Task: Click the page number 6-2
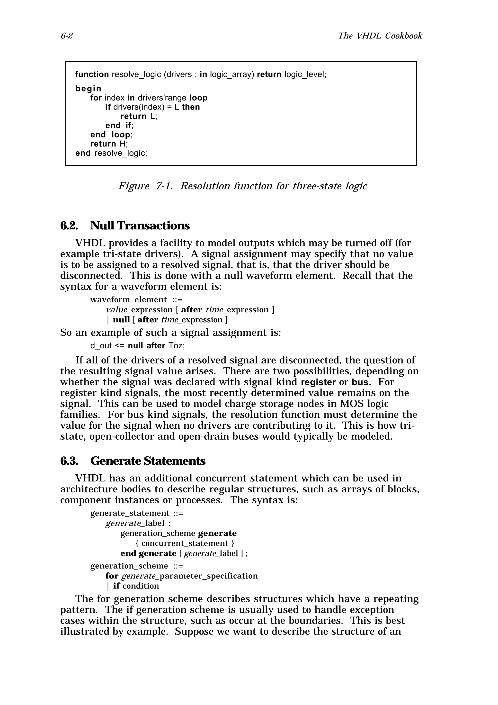(x=67, y=36)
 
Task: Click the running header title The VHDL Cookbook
(x=380, y=36)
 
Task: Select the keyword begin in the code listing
(x=88, y=89)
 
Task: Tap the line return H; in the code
(x=109, y=144)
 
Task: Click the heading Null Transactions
(x=140, y=226)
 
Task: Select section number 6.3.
(x=69, y=461)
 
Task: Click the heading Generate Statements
(x=148, y=461)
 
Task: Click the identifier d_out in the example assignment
(x=101, y=346)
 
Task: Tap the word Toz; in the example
(x=177, y=346)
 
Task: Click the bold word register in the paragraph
(x=319, y=382)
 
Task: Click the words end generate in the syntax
(x=148, y=553)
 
